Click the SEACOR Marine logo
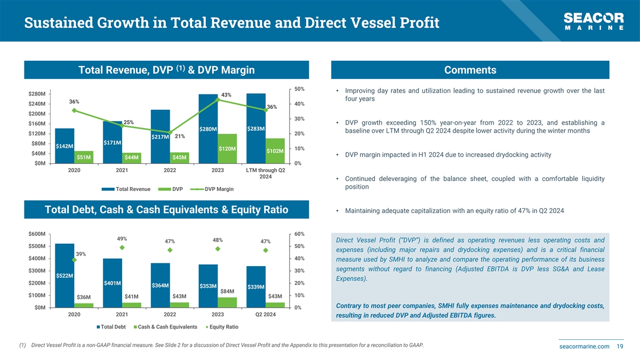[594, 22]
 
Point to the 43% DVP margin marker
[218, 100]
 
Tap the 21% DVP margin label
[180, 136]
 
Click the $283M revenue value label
[257, 129]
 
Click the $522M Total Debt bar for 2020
[65, 275]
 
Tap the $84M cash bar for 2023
[227, 302]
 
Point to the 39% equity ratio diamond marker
[74, 260]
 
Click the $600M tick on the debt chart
[36, 234]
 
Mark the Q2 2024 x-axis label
[265, 314]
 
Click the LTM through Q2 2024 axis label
[265, 173]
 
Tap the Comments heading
[470, 70]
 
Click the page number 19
[620, 347]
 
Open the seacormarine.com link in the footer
[583, 347]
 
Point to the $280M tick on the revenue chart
[36, 94]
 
